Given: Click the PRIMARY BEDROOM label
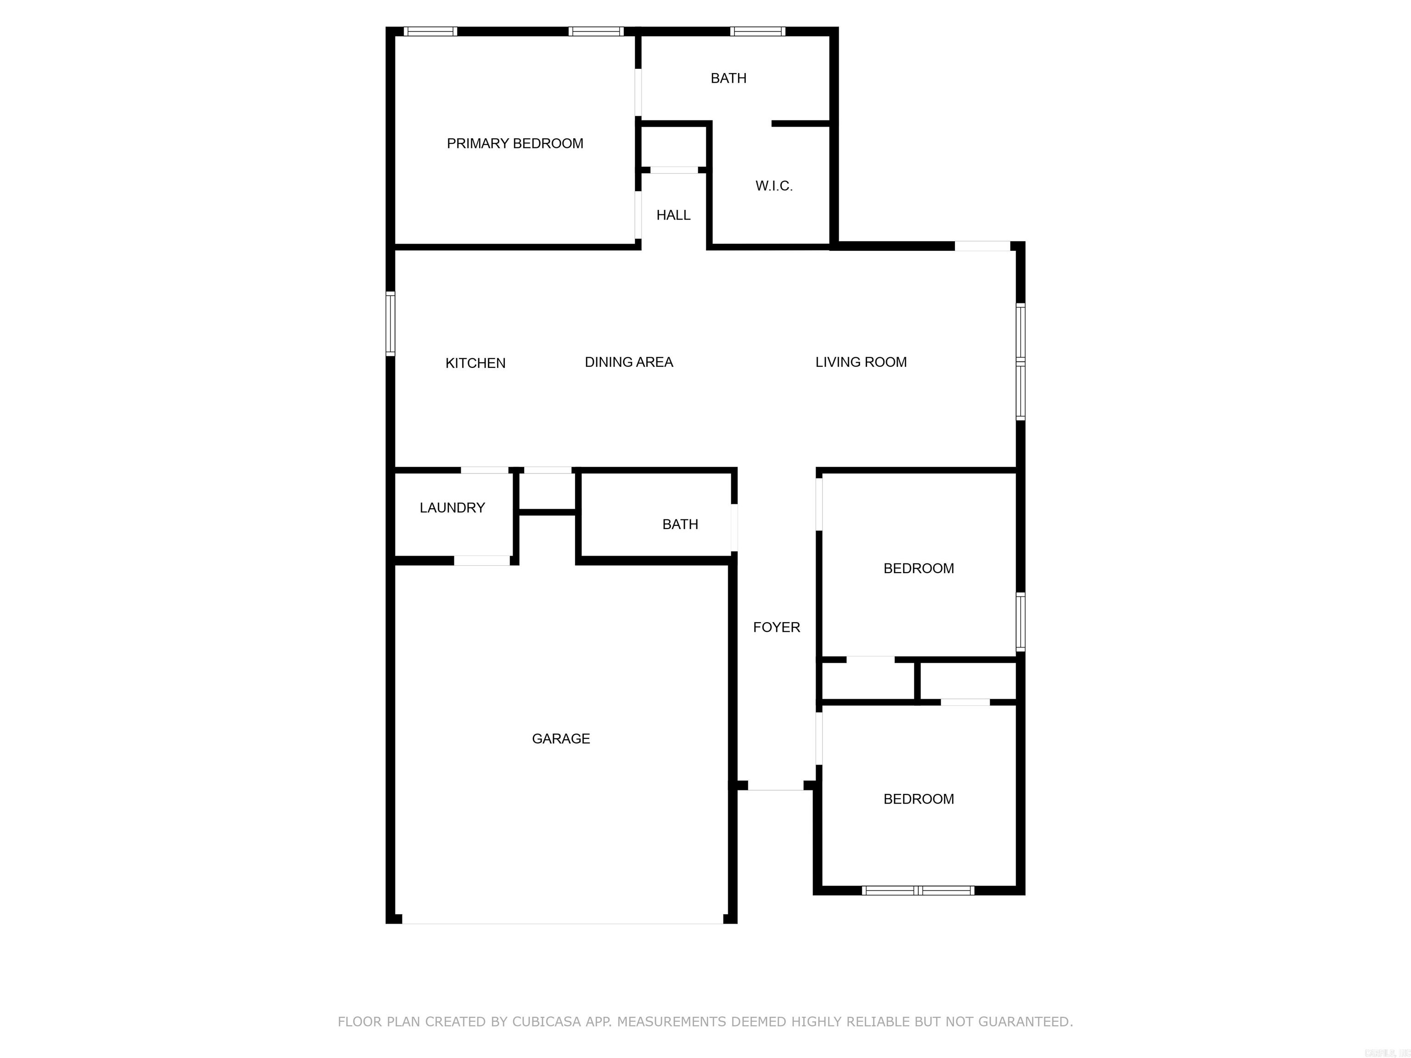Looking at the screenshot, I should (515, 143).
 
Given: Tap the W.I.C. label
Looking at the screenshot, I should (774, 186).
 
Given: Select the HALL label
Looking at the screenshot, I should (673, 215).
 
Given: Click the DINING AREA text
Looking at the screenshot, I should (629, 362).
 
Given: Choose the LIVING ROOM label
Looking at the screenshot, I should (860, 362).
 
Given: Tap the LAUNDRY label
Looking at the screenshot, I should (452, 507).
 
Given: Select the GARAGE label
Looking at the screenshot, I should (561, 738).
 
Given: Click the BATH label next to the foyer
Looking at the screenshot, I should (680, 524).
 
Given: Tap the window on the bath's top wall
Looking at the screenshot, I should (757, 31).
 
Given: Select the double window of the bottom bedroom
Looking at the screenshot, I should (918, 890).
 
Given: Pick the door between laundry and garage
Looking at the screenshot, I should (482, 561).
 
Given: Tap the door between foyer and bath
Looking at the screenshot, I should (734, 528).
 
